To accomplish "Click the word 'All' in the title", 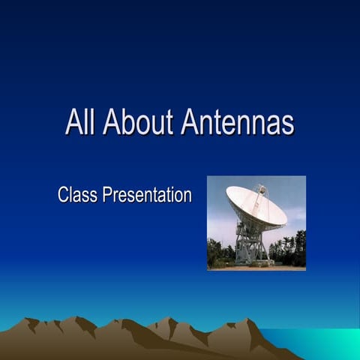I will pos(80,122).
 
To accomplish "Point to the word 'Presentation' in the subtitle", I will pos(148,196).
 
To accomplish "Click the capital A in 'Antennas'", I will pos(190,122).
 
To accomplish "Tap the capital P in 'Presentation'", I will pos(108,196).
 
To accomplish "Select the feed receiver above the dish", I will pos(261,189).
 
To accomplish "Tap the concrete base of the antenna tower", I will pos(255,262).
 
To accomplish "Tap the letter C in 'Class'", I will pos(63,196).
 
